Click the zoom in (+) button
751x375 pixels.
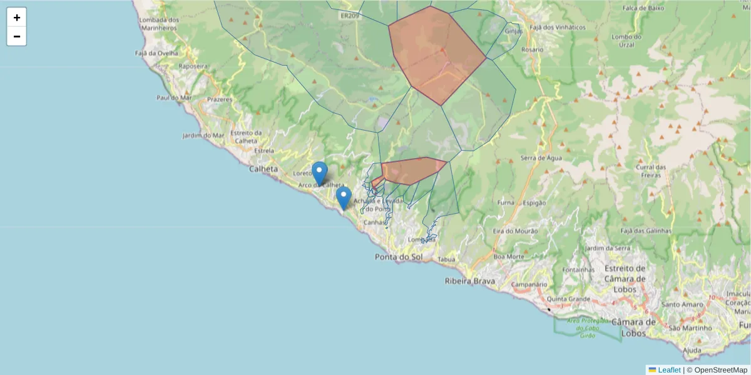pos(17,17)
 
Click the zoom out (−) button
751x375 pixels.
pos(17,36)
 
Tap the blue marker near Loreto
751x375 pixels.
pos(320,172)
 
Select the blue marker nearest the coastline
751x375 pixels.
pos(343,197)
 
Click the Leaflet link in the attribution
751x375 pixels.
pos(668,370)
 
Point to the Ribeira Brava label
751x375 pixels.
pos(469,281)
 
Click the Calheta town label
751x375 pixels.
pos(263,169)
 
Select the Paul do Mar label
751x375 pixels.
pos(174,98)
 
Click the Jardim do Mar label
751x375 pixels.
pos(203,136)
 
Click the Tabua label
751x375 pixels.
pos(446,259)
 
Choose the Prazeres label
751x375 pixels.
pos(219,99)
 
